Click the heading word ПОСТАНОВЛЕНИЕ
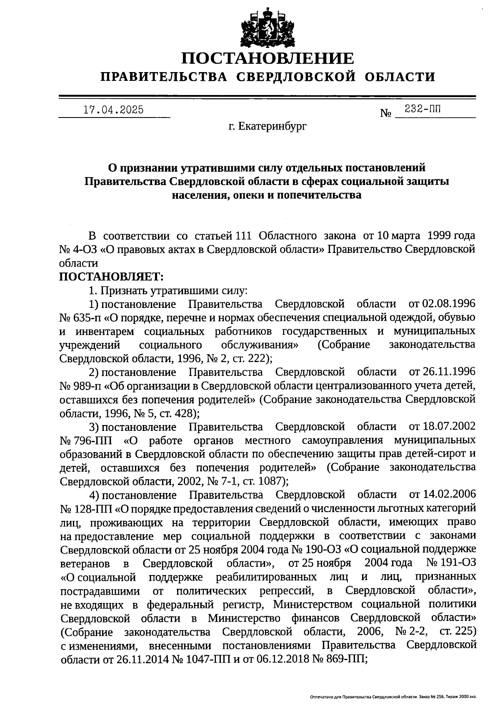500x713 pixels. click(267, 58)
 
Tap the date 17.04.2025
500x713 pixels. click(114, 110)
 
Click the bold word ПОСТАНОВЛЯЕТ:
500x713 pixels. click(112, 276)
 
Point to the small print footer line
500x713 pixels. click(393, 696)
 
